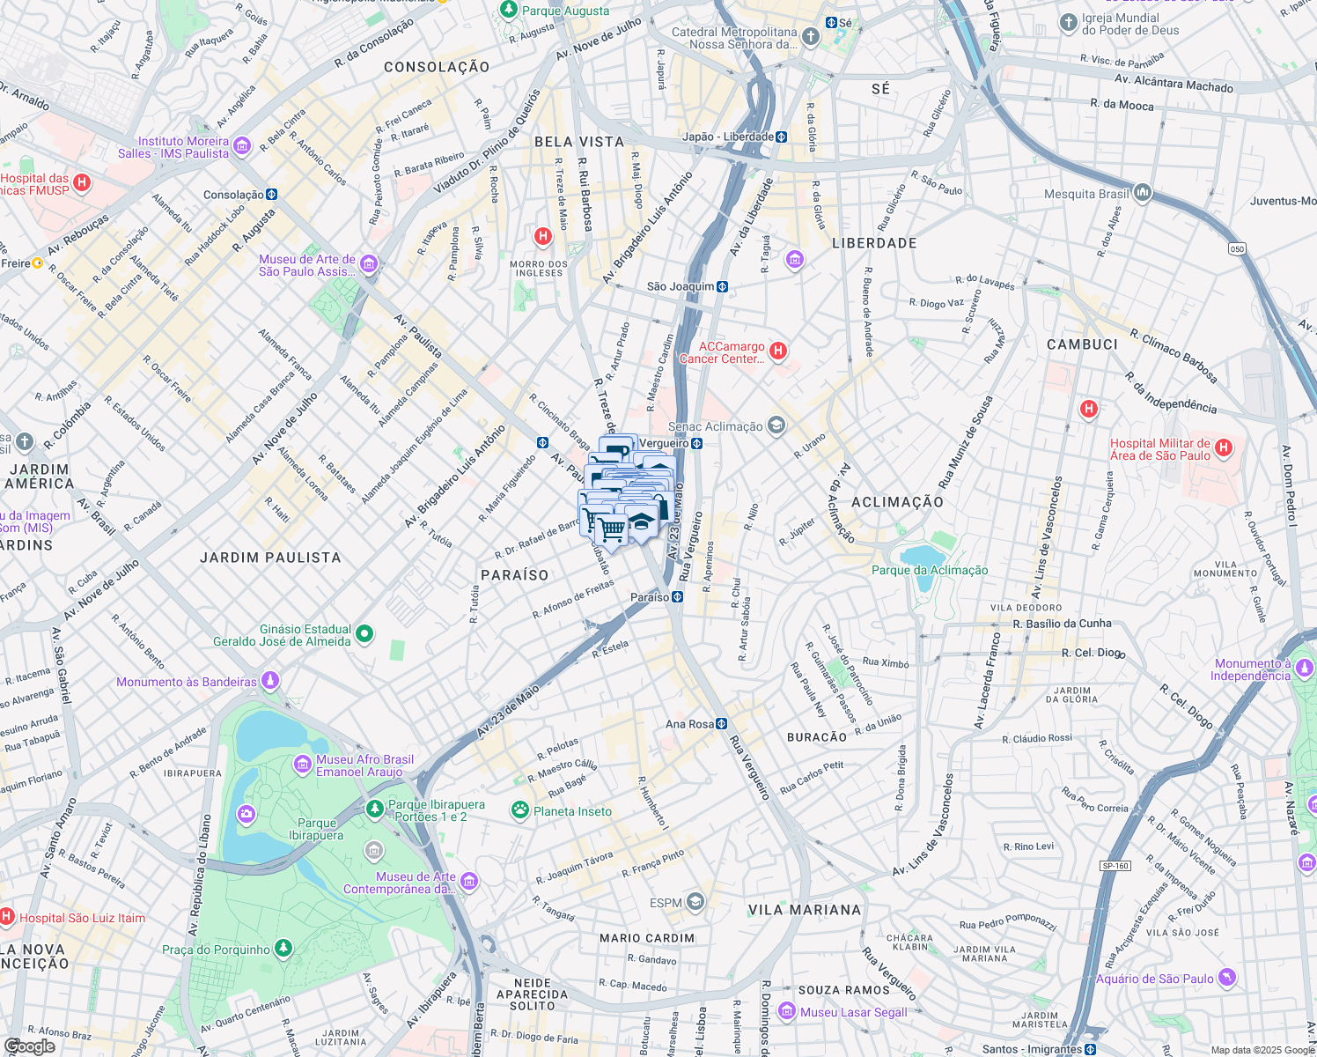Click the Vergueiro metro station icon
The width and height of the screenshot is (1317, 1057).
(x=696, y=443)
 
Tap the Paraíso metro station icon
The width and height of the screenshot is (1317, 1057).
(x=677, y=597)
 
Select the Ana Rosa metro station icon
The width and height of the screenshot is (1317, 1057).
(x=722, y=724)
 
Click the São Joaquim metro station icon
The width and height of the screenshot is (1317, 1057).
(x=722, y=286)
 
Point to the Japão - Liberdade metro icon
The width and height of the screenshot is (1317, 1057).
(x=781, y=137)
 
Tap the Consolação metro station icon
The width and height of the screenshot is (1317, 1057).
(x=271, y=195)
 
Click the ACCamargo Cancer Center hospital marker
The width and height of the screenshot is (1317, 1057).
(x=777, y=351)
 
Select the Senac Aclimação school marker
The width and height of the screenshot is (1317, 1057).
(x=776, y=426)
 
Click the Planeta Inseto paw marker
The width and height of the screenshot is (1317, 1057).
(x=520, y=810)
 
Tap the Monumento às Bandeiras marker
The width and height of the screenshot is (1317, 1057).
(x=270, y=681)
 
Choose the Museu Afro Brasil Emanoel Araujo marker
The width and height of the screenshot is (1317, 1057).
(x=302, y=764)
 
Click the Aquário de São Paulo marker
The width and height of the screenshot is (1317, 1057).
(x=1226, y=978)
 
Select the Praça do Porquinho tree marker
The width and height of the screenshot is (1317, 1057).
(x=283, y=949)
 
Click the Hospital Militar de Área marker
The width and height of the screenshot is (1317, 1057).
(x=1224, y=448)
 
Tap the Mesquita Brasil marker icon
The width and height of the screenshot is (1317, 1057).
(x=1142, y=193)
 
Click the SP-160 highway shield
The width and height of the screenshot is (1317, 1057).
(x=1115, y=866)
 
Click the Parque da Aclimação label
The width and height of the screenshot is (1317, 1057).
(x=930, y=570)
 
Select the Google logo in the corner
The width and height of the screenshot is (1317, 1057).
(x=29, y=1046)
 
